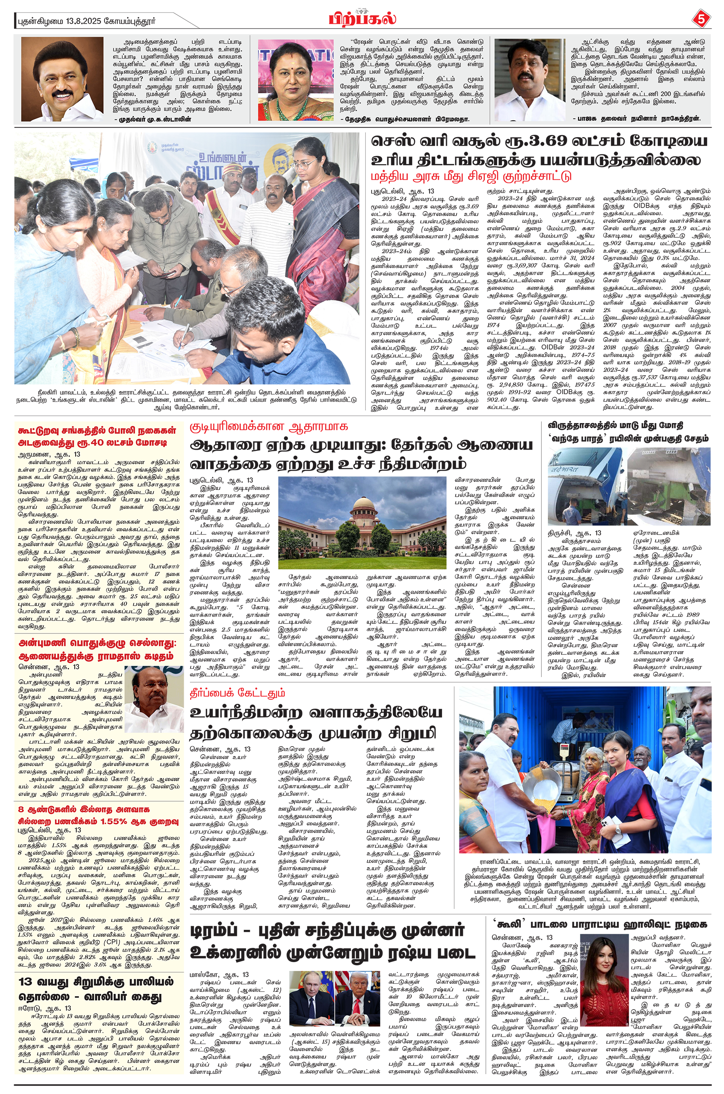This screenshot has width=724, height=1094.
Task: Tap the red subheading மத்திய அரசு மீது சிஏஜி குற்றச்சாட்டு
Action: (x=471, y=176)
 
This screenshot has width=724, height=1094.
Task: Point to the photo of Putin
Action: (x=311, y=998)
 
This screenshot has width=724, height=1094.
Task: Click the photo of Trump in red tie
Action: (x=358, y=998)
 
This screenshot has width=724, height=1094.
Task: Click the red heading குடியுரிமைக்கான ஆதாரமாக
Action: (x=269, y=426)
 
